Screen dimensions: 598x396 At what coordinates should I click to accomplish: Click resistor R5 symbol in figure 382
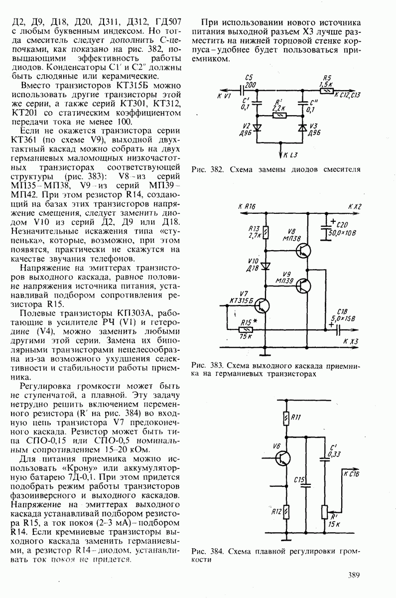(x=327, y=90)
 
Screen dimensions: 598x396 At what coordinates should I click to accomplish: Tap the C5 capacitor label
(x=249, y=78)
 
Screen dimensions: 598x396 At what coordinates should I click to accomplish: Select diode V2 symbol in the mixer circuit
(x=258, y=128)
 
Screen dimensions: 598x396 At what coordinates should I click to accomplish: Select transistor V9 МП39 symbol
(x=303, y=285)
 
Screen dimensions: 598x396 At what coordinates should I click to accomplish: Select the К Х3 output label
(x=351, y=341)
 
